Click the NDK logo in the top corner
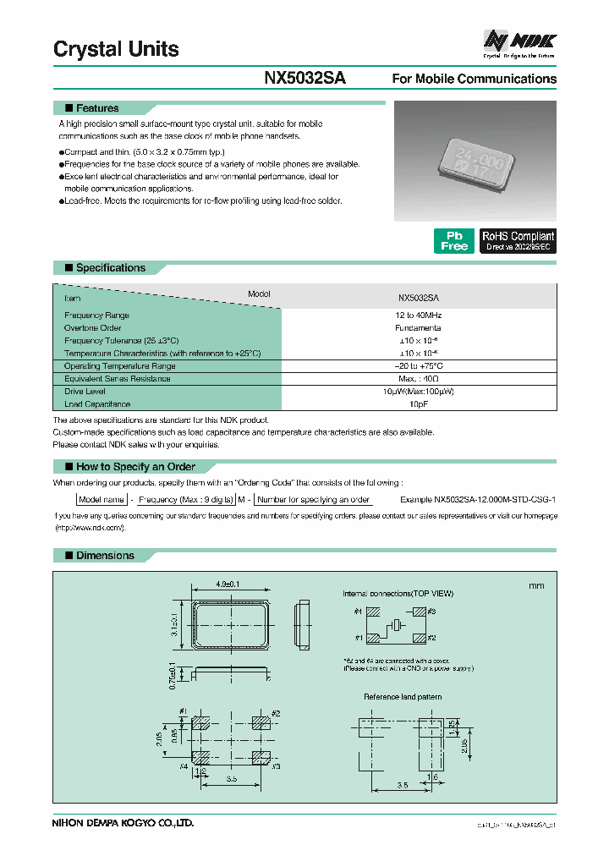point(518,41)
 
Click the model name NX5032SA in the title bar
point(304,78)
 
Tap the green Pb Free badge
point(453,241)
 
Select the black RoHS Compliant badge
point(518,241)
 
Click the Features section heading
point(97,108)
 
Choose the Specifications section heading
point(110,268)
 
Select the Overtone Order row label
point(93,328)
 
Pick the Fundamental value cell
point(418,328)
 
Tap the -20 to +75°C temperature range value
point(418,366)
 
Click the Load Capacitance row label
point(97,404)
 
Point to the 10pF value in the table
point(418,404)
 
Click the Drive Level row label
point(85,392)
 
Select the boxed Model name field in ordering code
point(101,500)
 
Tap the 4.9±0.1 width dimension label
point(228,584)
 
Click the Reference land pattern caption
point(403,697)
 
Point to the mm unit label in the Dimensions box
point(536,586)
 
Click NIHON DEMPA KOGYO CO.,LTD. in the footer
point(123,823)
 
